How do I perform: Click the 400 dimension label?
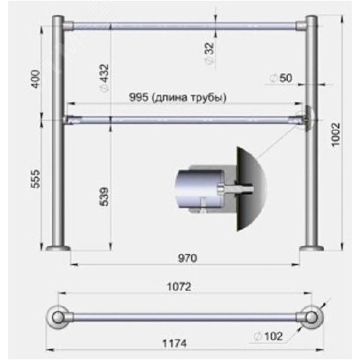click(36, 79)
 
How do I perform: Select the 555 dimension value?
click(36, 179)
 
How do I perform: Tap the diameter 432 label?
click(104, 78)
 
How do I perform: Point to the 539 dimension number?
click(104, 196)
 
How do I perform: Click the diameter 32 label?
click(210, 54)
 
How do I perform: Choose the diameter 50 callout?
click(281, 78)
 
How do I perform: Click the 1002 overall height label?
click(336, 134)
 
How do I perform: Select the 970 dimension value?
click(188, 258)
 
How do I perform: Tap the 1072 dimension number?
click(179, 286)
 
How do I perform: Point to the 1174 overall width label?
click(175, 344)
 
